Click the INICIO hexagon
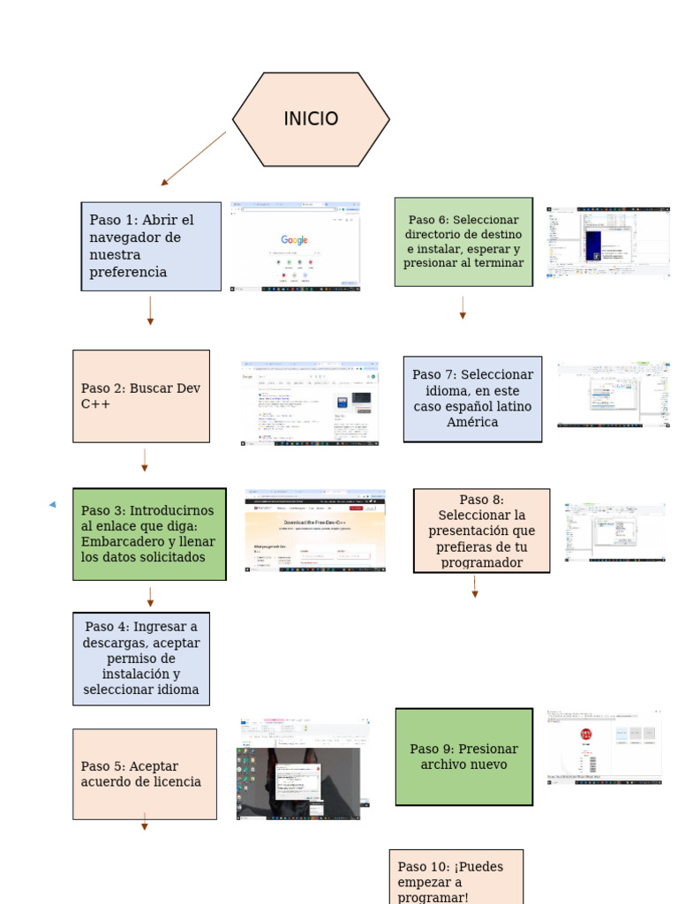311,119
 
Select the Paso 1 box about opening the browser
151,246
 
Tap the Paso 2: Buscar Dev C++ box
141,395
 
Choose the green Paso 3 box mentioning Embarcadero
149,534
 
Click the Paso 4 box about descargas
141,659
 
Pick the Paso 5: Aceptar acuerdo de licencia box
144,774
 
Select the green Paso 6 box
463,242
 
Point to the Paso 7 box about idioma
472,399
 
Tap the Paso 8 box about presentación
481,531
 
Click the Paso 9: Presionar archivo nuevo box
464,757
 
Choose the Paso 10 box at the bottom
456,878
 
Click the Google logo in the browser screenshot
295,240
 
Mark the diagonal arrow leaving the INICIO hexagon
193,159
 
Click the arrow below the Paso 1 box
150,311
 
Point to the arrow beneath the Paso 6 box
463,308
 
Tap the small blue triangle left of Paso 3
52,504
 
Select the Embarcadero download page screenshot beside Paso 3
315,532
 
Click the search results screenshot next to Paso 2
310,403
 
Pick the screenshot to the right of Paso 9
604,747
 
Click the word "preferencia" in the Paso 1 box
128,272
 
